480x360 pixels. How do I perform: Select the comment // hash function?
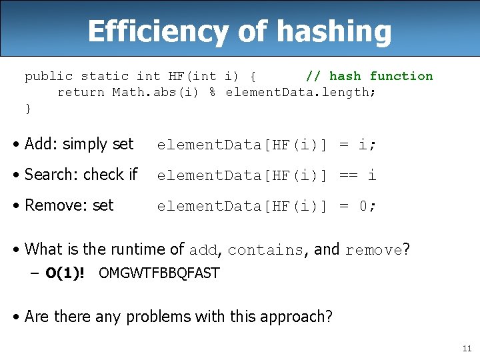click(x=369, y=76)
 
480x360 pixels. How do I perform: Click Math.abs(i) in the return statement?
click(x=155, y=92)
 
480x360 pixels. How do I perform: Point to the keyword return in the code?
click(x=81, y=92)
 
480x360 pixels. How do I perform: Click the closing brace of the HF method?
click(x=28, y=108)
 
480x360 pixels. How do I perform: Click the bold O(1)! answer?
click(x=65, y=273)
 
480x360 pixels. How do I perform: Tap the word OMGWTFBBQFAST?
click(x=159, y=273)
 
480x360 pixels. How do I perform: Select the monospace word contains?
click(x=265, y=251)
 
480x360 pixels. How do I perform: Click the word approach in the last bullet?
click(x=293, y=316)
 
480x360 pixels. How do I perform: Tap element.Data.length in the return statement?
click(x=301, y=92)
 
